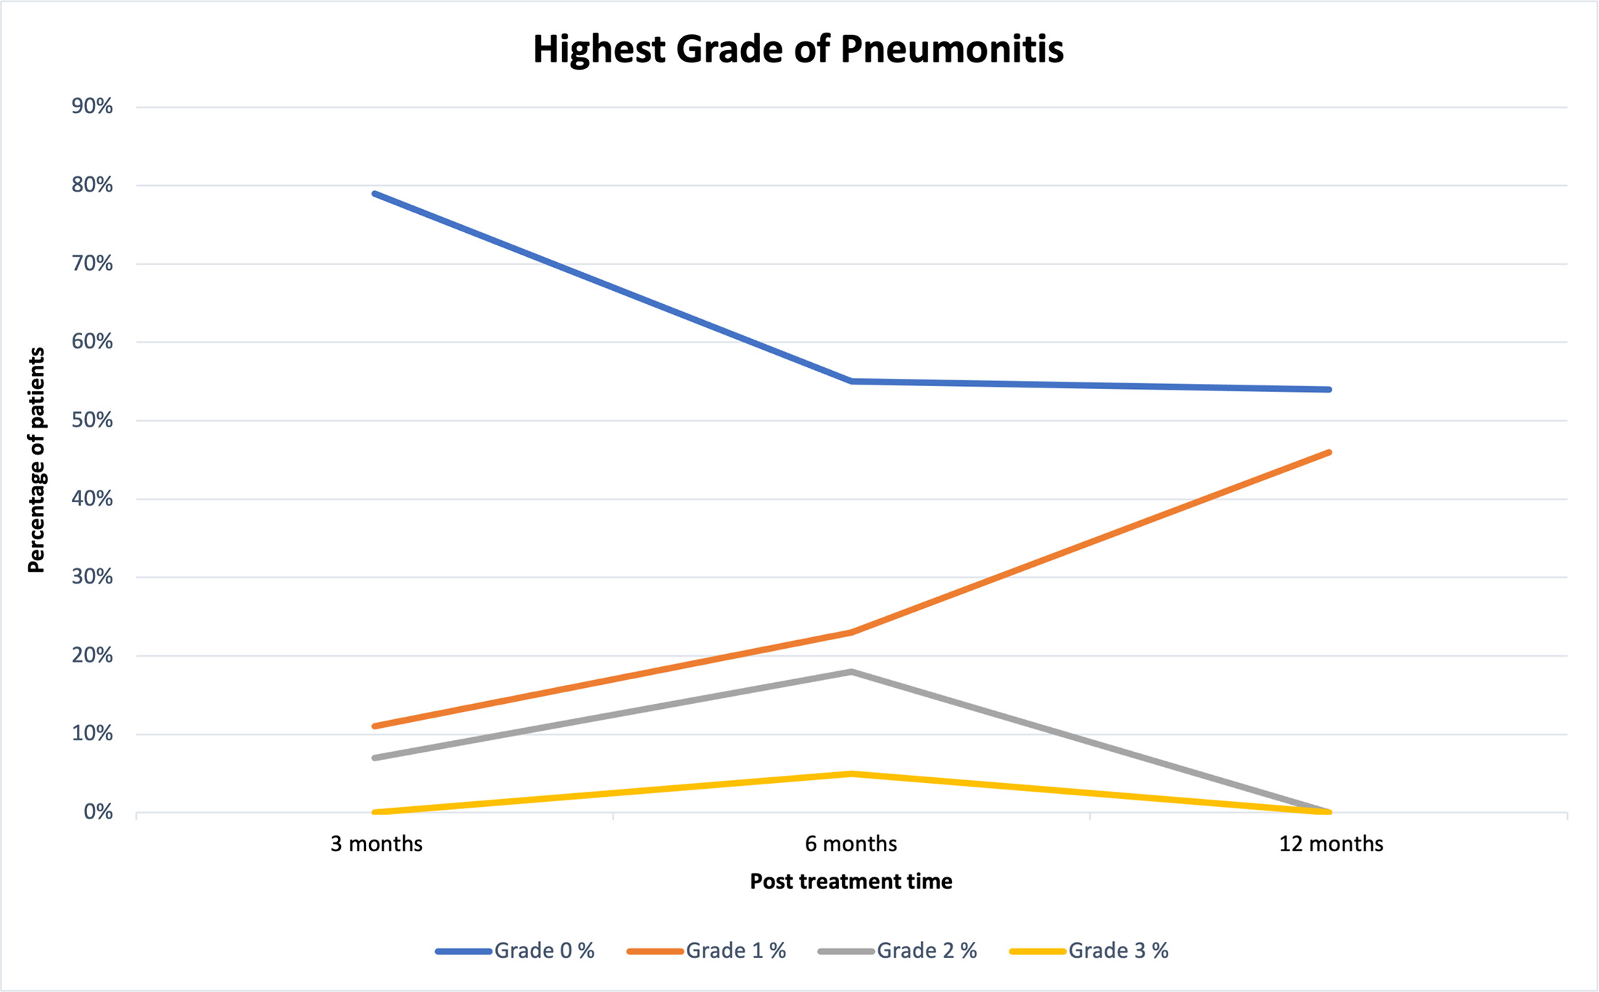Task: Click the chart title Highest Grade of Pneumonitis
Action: click(798, 49)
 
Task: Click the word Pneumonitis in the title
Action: click(951, 49)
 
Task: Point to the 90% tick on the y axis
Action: click(92, 107)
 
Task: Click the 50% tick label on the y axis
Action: click(92, 420)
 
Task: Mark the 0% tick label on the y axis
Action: click(98, 812)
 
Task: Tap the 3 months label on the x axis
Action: click(376, 844)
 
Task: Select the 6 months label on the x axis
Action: click(851, 844)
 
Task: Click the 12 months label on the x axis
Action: click(1331, 844)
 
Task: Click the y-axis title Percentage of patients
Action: click(36, 459)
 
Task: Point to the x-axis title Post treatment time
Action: click(851, 881)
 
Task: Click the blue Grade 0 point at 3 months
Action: click(375, 194)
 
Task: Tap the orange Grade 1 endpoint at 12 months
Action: click(1329, 452)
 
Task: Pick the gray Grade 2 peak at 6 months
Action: click(852, 672)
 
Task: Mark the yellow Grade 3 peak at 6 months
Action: click(852, 774)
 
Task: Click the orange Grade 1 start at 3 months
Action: click(375, 726)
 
